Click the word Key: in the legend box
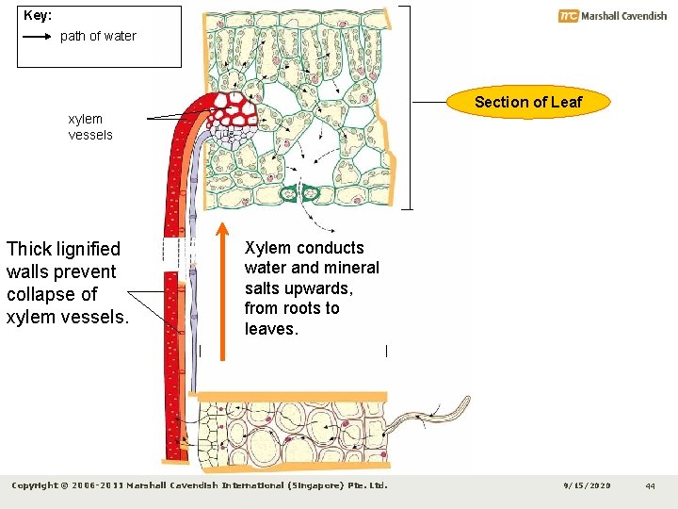point(38,16)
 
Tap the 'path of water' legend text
point(98,37)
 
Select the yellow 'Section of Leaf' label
point(528,102)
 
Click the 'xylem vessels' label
point(90,127)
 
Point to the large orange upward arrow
point(222,292)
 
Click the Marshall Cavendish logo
point(612,16)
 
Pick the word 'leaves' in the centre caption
point(269,329)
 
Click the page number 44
point(650,486)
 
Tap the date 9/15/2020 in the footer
point(587,486)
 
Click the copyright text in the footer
point(199,486)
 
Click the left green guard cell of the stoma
point(288,194)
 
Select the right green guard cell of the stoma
point(311,194)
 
